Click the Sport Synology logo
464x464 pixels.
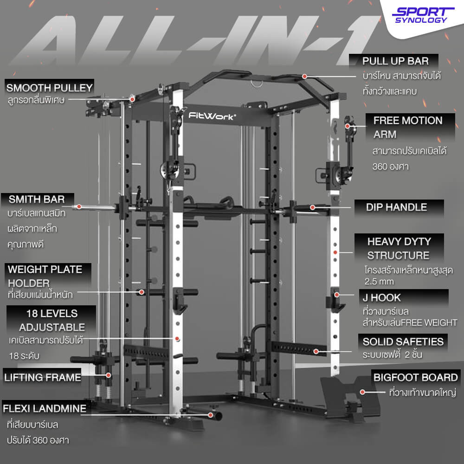click(x=423, y=15)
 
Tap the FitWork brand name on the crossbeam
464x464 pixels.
click(x=212, y=116)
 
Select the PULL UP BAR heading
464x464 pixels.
click(x=395, y=61)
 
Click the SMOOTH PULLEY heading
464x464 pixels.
click(x=50, y=88)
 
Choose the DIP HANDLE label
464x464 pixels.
click(x=396, y=207)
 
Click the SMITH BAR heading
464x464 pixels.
click(x=37, y=199)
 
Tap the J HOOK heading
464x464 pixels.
click(x=381, y=297)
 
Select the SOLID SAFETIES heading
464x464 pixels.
click(x=403, y=342)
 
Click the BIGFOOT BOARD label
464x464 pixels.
click(x=415, y=377)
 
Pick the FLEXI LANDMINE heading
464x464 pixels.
click(x=45, y=408)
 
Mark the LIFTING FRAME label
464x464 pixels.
click(x=43, y=377)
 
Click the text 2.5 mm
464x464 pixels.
click(x=379, y=282)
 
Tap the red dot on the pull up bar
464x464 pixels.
click(x=304, y=77)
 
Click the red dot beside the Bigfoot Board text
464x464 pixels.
click(x=362, y=392)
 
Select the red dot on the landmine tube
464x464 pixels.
click(x=210, y=415)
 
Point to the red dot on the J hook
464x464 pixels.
click(x=337, y=295)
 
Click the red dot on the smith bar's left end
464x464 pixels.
click(x=79, y=206)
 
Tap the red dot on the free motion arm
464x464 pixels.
click(x=348, y=126)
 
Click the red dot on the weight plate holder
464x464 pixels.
click(x=142, y=292)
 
